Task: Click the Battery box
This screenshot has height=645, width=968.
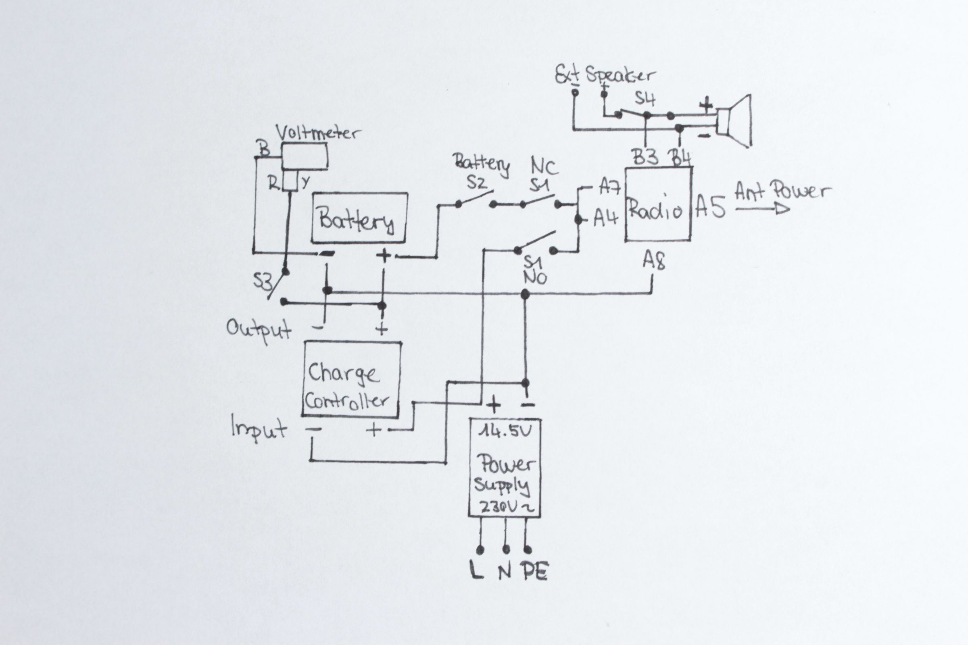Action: coord(359,218)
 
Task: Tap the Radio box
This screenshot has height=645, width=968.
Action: coord(658,204)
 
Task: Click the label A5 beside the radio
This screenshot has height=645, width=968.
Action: coord(710,208)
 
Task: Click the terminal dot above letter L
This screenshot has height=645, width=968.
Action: coord(480,549)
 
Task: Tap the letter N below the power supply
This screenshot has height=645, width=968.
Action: coord(505,572)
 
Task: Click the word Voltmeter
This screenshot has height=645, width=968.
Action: coord(317,133)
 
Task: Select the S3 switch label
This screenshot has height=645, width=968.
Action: coord(263,282)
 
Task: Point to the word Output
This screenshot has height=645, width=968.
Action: coord(259,330)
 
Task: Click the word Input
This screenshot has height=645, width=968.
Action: coord(259,429)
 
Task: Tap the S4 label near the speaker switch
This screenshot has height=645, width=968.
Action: coord(645,99)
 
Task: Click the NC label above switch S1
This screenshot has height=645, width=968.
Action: coord(544,167)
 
